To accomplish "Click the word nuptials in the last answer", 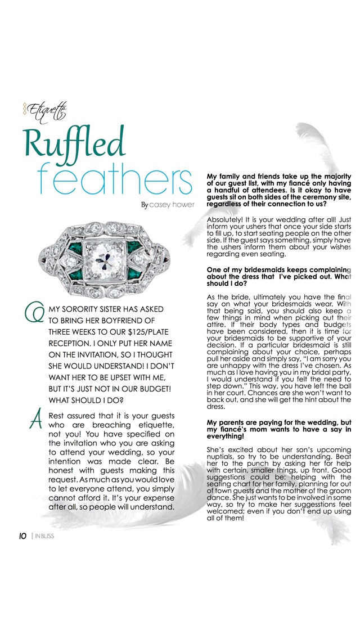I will point(223,460).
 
